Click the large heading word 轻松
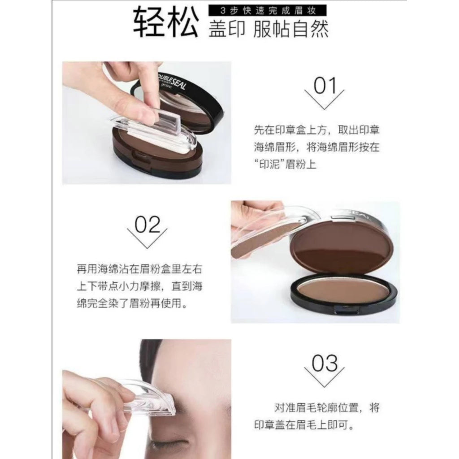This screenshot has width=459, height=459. (166, 22)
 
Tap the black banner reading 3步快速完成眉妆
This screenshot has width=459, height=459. (267, 11)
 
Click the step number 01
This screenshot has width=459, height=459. (325, 86)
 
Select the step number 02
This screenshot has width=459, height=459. (147, 225)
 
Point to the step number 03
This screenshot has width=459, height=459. (325, 363)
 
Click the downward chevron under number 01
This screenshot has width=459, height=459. (325, 100)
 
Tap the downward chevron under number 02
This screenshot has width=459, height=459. (147, 238)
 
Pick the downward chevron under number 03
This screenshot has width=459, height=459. (325, 377)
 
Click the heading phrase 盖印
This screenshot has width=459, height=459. (226, 29)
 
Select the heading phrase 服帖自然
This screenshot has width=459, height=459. (290, 29)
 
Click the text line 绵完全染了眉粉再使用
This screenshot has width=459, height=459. (132, 303)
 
